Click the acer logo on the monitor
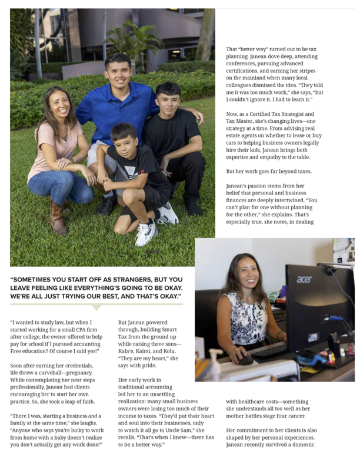click(x=304, y=280)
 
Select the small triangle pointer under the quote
click(x=96, y=307)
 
